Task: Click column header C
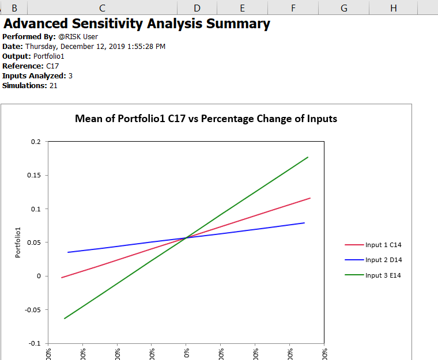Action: coord(102,7)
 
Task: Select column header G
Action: coord(344,7)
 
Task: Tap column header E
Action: coord(242,7)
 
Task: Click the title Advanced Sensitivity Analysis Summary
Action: coord(137,24)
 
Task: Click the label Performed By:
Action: coord(29,37)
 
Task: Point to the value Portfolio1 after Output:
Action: coord(49,56)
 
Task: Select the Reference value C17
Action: coord(52,66)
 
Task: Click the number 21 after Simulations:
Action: coord(54,86)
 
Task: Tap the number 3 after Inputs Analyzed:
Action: coord(70,76)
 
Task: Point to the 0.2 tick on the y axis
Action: coord(36,142)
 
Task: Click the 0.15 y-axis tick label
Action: coord(34,175)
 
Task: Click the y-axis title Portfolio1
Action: coord(18,242)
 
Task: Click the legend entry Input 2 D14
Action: coord(383,260)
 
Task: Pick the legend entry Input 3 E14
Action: coord(383,275)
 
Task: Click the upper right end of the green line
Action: coord(308,157)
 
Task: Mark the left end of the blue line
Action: coord(68,252)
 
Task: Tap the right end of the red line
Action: coord(310,198)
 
